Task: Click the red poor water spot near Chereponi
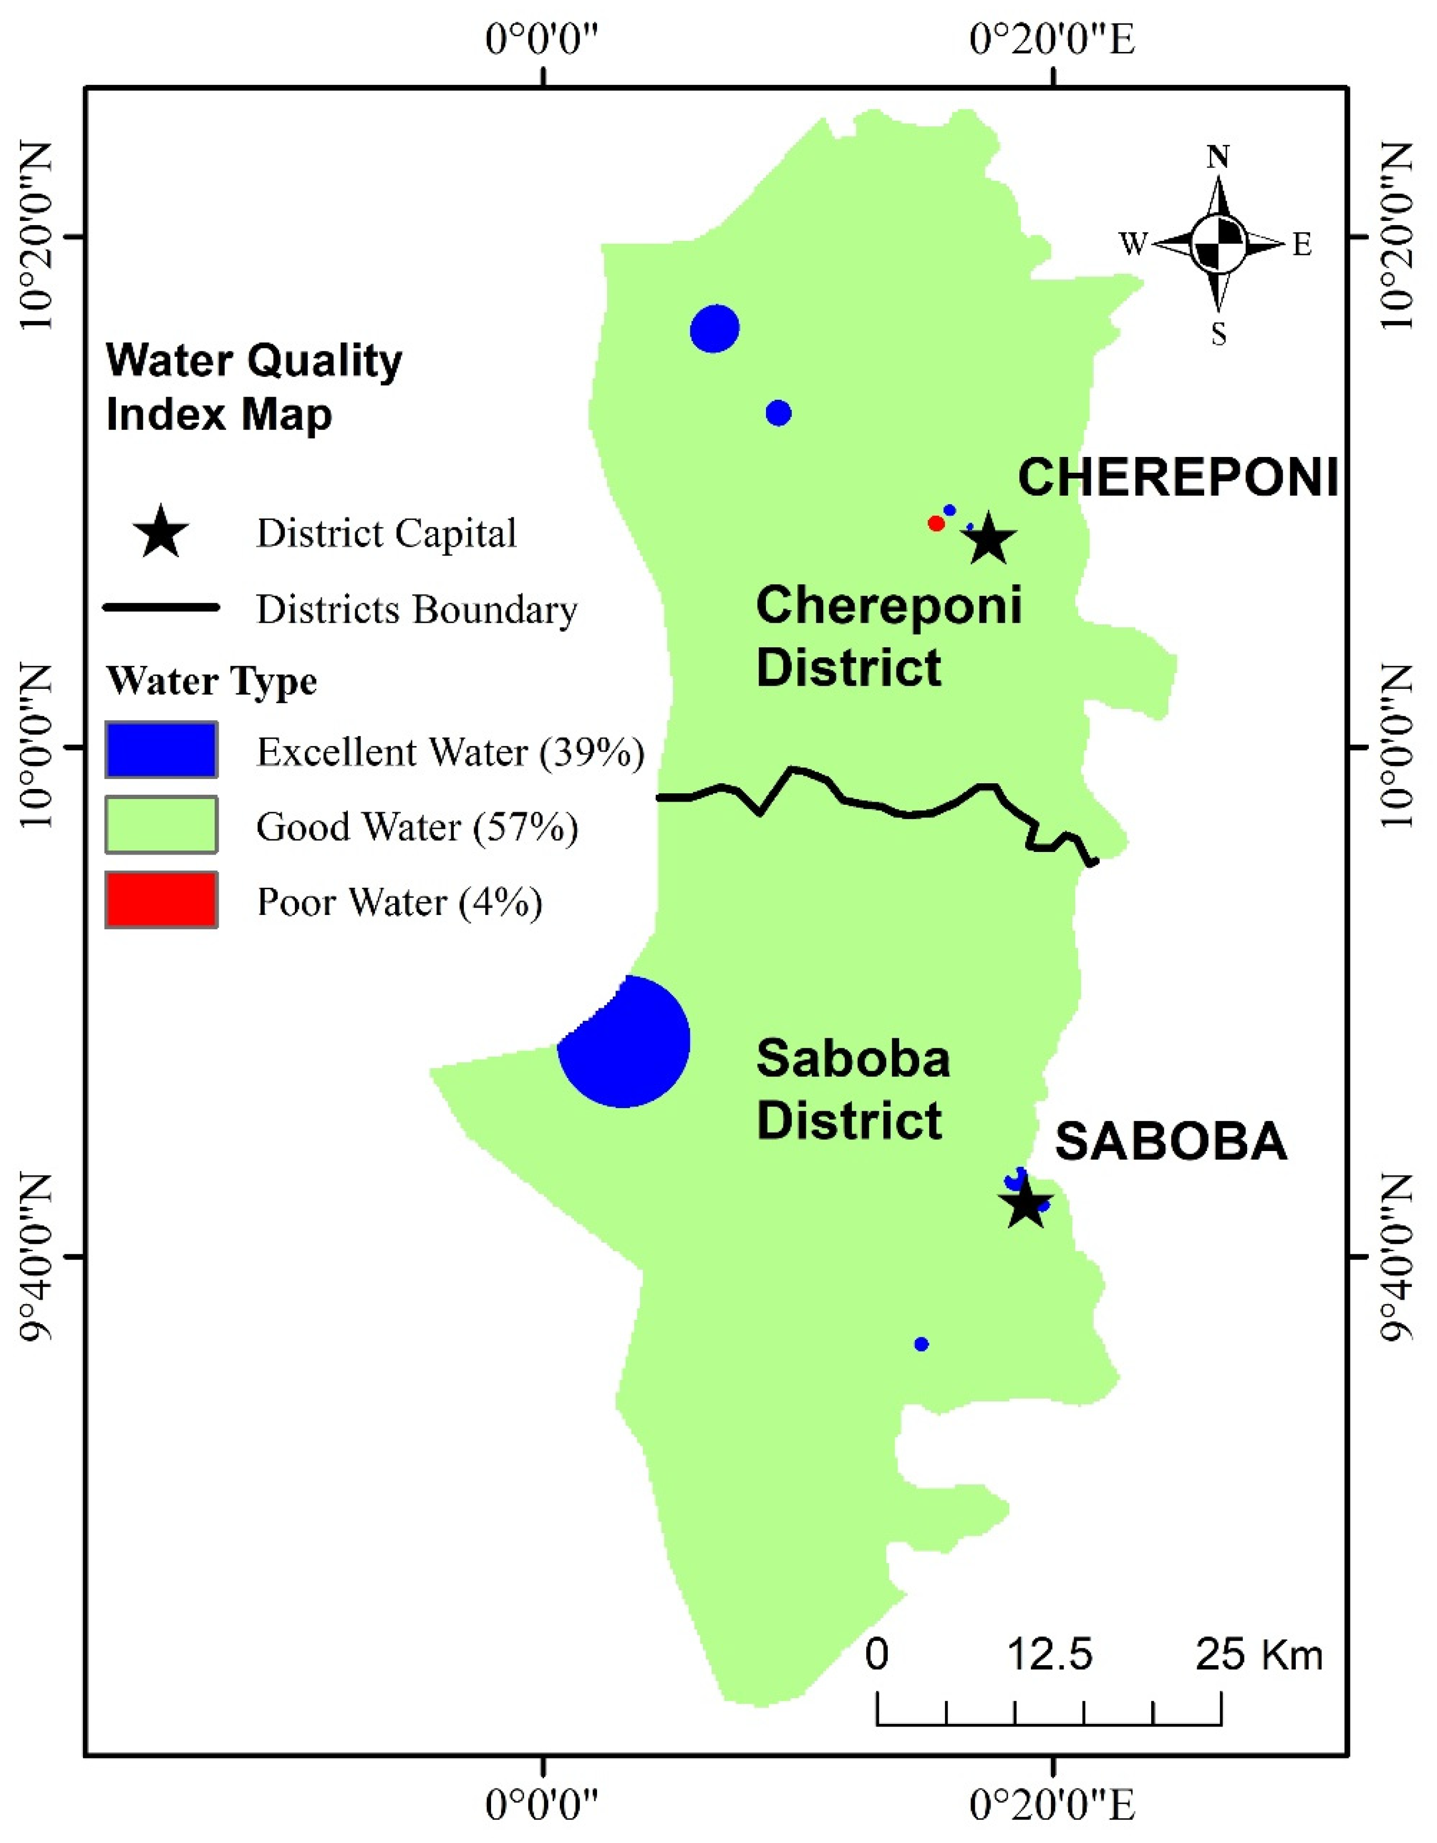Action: click(935, 523)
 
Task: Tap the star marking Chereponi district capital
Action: click(990, 540)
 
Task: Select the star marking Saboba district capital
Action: click(1025, 1202)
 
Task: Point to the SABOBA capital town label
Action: click(1171, 1142)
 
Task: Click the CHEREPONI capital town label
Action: click(1178, 478)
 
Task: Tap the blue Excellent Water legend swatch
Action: click(161, 749)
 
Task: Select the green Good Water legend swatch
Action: click(161, 825)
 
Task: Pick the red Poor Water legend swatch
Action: click(161, 900)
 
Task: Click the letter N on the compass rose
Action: click(1218, 157)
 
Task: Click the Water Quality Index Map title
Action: click(253, 387)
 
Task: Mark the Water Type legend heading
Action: click(212, 680)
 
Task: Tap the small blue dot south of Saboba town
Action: click(921, 1344)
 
